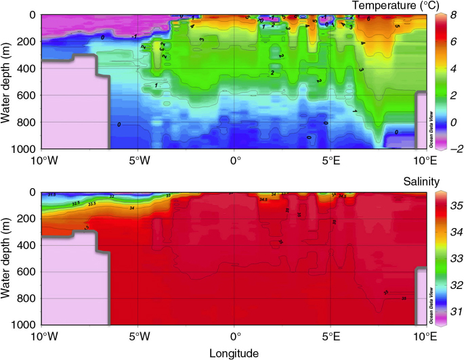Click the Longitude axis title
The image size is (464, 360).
(233, 353)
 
